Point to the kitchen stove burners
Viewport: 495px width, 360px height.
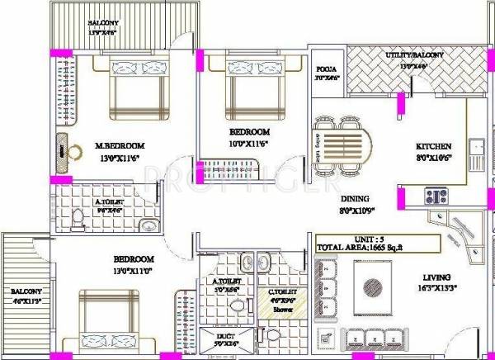(436, 196)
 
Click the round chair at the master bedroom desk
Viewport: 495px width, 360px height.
(75, 151)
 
